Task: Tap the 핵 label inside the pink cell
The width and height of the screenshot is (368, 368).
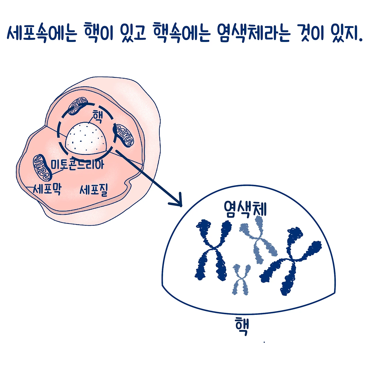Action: (x=97, y=117)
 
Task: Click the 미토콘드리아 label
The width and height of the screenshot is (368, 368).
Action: (x=77, y=164)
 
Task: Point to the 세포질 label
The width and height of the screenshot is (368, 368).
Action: (x=94, y=189)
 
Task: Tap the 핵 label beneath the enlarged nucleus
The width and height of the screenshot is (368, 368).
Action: (x=242, y=326)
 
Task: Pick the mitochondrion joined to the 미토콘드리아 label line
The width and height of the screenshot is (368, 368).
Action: (x=43, y=168)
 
